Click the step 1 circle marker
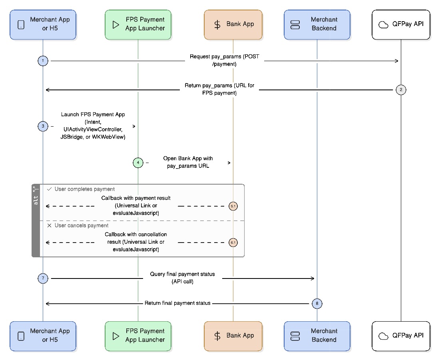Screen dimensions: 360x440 pos(43,61)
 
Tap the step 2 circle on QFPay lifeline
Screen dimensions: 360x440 pos(401,90)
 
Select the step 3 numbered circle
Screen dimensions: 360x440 pos(43,126)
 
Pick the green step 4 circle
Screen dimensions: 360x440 pos(138,163)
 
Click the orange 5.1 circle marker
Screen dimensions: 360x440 pos(233,206)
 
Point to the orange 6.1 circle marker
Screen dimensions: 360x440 pos(233,242)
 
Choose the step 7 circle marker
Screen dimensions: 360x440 pos(43,278)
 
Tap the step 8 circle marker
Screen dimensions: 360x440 pos(317,304)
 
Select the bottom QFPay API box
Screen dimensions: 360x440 pos(401,336)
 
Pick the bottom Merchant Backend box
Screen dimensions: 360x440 pos(317,336)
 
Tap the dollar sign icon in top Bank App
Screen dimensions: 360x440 pos(217,25)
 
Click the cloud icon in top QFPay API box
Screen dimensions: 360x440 pos(383,25)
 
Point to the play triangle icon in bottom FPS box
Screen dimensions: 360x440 pos(116,336)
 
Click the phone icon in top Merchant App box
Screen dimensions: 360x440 pos(21,25)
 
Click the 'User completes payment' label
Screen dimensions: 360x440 pos(84,189)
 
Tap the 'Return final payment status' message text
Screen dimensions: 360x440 pos(177,303)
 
